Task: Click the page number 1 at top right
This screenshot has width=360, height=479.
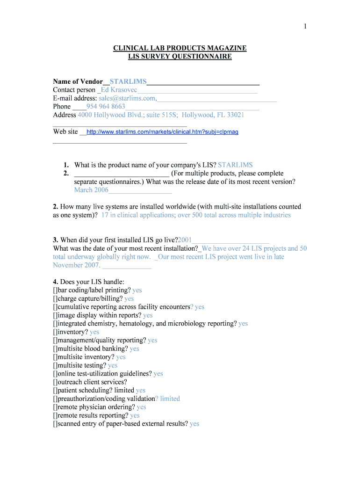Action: [x=305, y=26]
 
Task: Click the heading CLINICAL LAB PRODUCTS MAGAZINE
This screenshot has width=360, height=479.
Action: [x=180, y=48]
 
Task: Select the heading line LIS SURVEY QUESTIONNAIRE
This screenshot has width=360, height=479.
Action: [x=180, y=57]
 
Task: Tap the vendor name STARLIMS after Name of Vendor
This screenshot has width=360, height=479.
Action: [x=128, y=82]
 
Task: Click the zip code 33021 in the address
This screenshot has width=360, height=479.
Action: [x=234, y=115]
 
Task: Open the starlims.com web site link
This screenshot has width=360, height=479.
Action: [x=162, y=132]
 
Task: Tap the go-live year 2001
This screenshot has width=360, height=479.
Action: [x=185, y=240]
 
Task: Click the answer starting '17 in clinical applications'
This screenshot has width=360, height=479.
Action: [x=196, y=215]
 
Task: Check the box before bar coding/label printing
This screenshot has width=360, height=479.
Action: [x=55, y=290]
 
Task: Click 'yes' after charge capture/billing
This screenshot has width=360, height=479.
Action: [x=129, y=299]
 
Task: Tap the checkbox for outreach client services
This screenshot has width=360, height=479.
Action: [x=55, y=382]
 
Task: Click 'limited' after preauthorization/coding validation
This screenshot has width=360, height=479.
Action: [x=170, y=399]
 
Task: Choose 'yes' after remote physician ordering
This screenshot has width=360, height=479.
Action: [x=141, y=407]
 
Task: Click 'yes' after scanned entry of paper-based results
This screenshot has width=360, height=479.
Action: [x=194, y=424]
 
